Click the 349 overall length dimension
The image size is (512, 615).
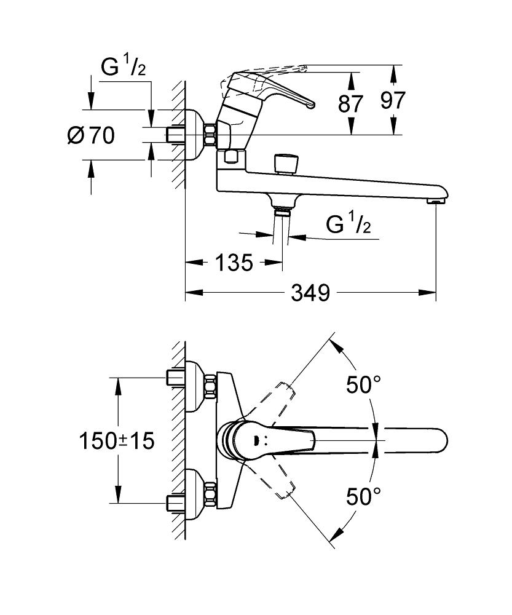click(x=310, y=293)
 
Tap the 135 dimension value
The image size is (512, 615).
click(x=235, y=263)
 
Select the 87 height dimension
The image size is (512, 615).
click(x=351, y=103)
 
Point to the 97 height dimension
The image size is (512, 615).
click(x=393, y=100)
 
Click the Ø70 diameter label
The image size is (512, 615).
click(x=91, y=135)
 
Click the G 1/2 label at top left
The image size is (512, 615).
click(x=124, y=66)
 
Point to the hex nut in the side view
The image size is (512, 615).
click(x=211, y=135)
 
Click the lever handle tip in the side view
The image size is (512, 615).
click(x=310, y=105)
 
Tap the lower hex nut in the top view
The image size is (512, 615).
click(x=211, y=495)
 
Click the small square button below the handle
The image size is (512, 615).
click(x=231, y=157)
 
